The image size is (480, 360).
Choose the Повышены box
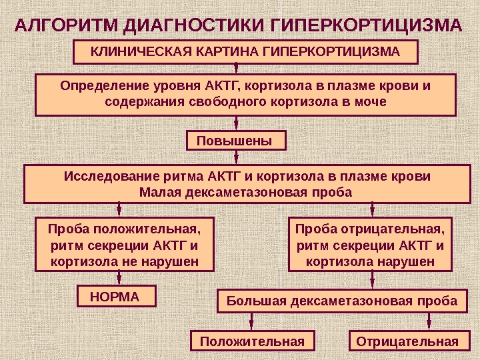tap(235, 141)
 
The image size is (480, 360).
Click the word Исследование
tap(111, 177)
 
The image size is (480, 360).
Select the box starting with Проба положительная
tap(125, 244)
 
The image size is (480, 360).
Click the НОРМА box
tap(117, 296)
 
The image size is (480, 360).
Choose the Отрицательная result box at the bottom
tap(407, 341)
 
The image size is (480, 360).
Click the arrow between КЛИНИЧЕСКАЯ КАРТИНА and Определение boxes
tap(237, 69)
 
